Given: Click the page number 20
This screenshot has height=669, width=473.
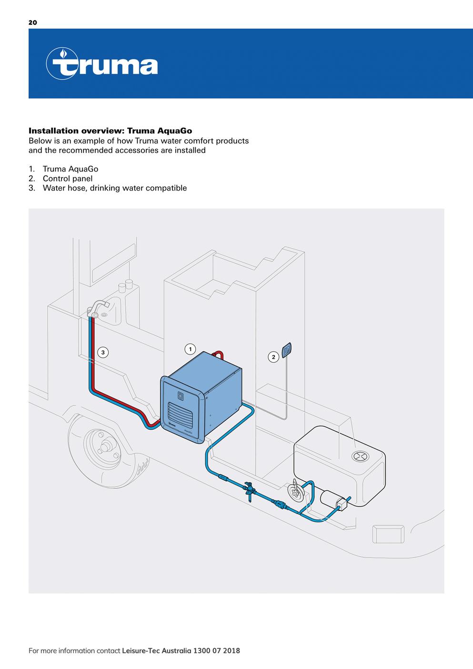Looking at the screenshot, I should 32,22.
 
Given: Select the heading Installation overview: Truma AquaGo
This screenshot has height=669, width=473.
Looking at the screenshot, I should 111,131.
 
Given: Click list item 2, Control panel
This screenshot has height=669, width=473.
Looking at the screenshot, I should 67,179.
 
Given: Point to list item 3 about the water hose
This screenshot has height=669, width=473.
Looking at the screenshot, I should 114,188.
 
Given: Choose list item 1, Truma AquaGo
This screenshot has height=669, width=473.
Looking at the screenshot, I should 70,169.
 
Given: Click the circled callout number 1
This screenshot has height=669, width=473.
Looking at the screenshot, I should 190,349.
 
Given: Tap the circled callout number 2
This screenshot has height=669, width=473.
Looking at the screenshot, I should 273,357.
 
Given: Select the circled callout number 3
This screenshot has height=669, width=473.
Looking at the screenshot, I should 103,353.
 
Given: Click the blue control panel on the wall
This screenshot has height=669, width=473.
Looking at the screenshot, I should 287,350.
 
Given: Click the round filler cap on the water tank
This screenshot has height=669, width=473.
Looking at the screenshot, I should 360,456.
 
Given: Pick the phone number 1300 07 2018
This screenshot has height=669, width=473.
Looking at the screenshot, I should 216,650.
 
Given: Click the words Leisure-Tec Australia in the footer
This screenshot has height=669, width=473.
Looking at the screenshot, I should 156,650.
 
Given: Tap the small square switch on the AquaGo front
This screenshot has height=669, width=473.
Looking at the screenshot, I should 181,395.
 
